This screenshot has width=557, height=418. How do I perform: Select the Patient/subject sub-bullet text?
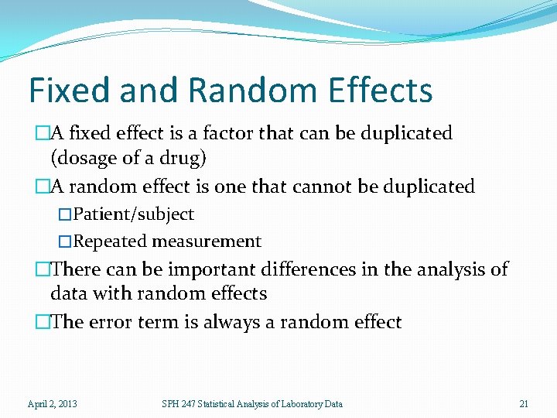[133, 214]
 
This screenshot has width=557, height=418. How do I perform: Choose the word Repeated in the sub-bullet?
[110, 242]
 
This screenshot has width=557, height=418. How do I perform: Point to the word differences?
[305, 269]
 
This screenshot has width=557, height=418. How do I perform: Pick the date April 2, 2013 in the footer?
[52, 403]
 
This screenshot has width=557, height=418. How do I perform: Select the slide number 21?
[524, 403]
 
